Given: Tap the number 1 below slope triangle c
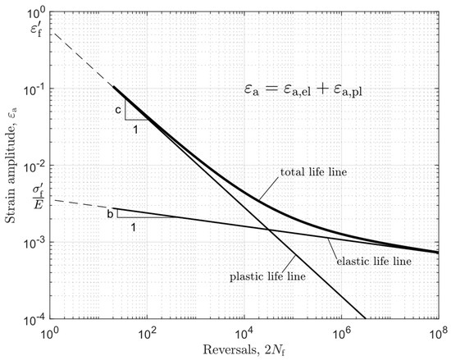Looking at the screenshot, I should tap(135, 127).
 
